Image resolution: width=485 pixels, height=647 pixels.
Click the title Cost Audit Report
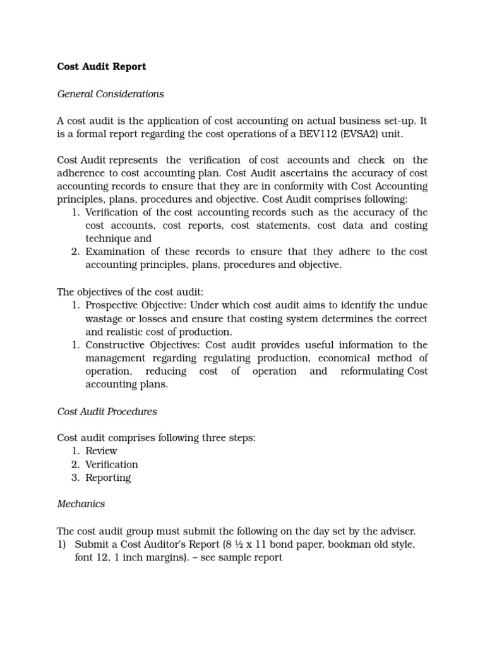[x=102, y=66]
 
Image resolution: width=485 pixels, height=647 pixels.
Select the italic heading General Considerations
[x=111, y=94]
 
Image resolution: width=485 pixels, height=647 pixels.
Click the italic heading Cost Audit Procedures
[x=107, y=411]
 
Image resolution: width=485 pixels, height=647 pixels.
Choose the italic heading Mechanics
[x=81, y=504]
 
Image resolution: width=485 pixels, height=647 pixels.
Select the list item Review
[x=102, y=451]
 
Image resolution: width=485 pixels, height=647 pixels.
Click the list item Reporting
[x=109, y=478]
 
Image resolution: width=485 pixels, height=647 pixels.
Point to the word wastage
[x=105, y=318]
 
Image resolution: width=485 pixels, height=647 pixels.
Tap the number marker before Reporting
[x=75, y=478]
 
